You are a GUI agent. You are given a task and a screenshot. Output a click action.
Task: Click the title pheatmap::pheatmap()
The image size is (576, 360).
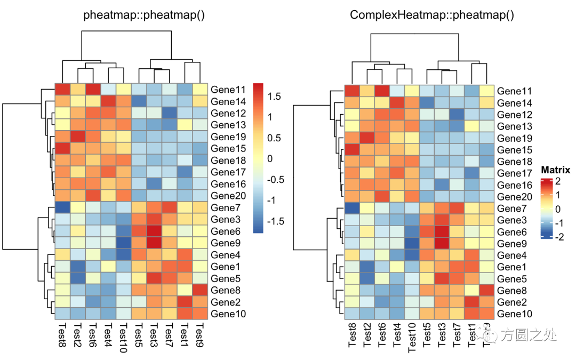tap(144, 15)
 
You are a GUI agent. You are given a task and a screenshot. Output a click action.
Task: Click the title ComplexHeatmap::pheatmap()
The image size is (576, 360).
tap(432, 15)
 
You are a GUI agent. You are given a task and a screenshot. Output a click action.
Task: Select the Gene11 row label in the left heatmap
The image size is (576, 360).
tap(228, 90)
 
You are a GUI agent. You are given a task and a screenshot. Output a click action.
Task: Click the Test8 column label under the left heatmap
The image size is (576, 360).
tap(62, 336)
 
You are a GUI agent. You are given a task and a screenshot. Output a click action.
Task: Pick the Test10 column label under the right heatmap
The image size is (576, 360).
tap(412, 339)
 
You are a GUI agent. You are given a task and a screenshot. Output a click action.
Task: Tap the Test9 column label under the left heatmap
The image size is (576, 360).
tap(199, 336)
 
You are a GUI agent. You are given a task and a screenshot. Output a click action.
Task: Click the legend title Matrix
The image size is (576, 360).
tap(555, 170)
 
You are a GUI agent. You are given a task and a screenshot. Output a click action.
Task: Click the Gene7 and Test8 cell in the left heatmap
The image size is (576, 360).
tap(62, 207)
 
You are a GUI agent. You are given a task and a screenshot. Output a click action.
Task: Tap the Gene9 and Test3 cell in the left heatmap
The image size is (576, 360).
tap(154, 243)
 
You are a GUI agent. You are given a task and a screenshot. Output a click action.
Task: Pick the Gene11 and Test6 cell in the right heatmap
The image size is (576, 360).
tap(382, 91)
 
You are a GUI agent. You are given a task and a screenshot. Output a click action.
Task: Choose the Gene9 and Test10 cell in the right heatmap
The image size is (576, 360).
tap(412, 244)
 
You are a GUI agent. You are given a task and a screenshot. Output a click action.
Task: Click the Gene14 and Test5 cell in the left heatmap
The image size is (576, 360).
tap(139, 101)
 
